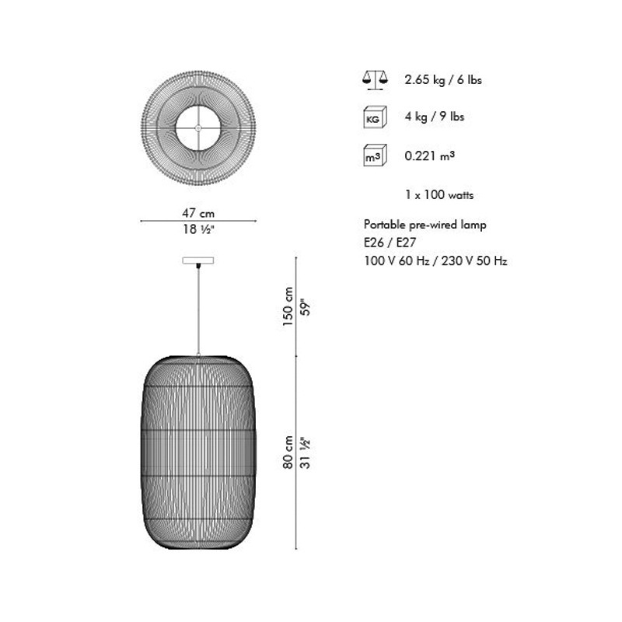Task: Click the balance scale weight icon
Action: click(375, 81)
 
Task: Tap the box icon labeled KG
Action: click(375, 117)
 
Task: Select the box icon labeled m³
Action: click(375, 155)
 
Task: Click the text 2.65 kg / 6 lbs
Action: click(443, 80)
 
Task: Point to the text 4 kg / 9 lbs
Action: click(435, 116)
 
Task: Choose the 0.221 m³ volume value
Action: click(430, 155)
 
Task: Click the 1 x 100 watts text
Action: click(439, 195)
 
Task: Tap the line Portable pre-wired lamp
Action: click(425, 225)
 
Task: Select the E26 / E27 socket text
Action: click(390, 243)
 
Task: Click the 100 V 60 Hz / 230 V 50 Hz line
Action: click(435, 260)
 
